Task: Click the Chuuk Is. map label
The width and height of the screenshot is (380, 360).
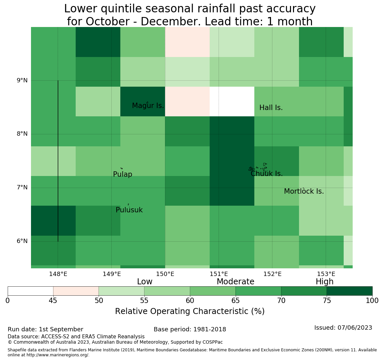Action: (x=267, y=174)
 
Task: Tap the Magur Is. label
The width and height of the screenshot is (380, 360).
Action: (x=148, y=106)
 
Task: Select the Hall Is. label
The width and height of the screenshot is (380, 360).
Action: (x=271, y=108)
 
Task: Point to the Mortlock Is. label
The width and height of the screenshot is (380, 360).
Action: (x=304, y=191)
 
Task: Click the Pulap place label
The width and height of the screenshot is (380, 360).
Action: (x=123, y=174)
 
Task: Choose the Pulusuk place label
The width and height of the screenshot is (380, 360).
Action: (x=129, y=210)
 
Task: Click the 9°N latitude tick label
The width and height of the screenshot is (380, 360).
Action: (x=22, y=80)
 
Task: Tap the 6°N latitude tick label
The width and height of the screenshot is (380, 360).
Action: (x=22, y=241)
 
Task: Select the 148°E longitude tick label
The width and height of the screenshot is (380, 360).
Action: (x=58, y=274)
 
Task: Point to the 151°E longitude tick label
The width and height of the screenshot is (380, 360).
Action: (x=219, y=274)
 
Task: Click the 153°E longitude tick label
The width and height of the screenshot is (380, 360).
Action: (x=326, y=274)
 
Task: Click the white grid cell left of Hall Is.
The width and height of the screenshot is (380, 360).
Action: (x=232, y=102)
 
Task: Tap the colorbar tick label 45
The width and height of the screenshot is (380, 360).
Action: (x=53, y=301)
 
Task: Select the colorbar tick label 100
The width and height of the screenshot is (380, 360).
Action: (x=372, y=301)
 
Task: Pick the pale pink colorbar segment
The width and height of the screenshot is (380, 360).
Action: (x=76, y=291)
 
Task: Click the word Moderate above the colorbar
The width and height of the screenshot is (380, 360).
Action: (x=235, y=282)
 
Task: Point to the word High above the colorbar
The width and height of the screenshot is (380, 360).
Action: (x=325, y=282)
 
